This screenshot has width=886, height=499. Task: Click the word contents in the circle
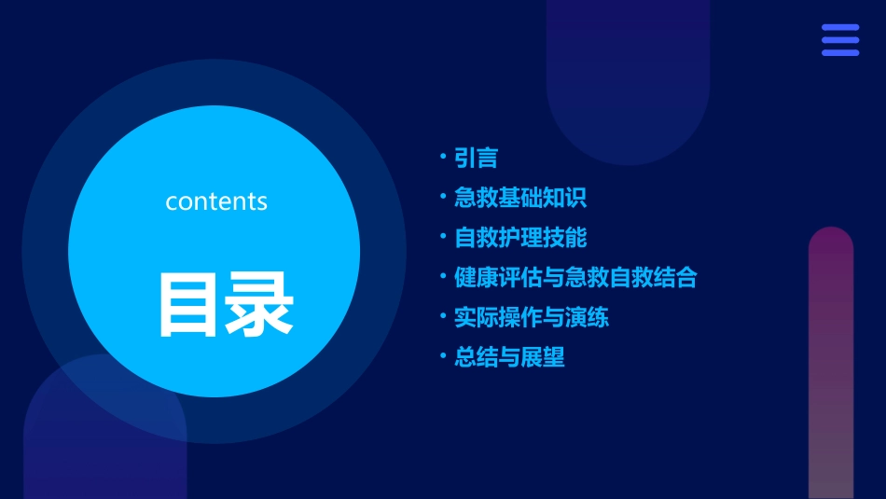point(216,201)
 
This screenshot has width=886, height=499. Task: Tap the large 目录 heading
point(226,304)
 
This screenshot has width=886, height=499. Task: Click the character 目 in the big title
point(191,304)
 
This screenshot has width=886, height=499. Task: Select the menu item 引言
point(476,159)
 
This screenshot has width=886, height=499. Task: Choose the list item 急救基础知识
point(520,198)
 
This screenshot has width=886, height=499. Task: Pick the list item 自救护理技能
point(520,238)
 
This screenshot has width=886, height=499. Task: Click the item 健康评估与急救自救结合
point(575,278)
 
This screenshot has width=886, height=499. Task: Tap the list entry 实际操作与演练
point(532,317)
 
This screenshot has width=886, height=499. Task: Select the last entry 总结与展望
point(509,357)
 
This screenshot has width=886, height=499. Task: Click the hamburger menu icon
point(840,40)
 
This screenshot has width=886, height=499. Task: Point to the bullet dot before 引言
point(444,157)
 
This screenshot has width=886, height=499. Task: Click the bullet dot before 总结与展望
point(444,355)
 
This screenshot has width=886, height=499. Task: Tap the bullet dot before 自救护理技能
point(444,236)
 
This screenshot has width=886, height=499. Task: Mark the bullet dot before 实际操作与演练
point(444,315)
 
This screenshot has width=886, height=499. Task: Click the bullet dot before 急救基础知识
point(444,196)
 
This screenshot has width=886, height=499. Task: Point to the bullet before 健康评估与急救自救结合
point(444,276)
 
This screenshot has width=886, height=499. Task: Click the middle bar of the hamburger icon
point(840,40)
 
